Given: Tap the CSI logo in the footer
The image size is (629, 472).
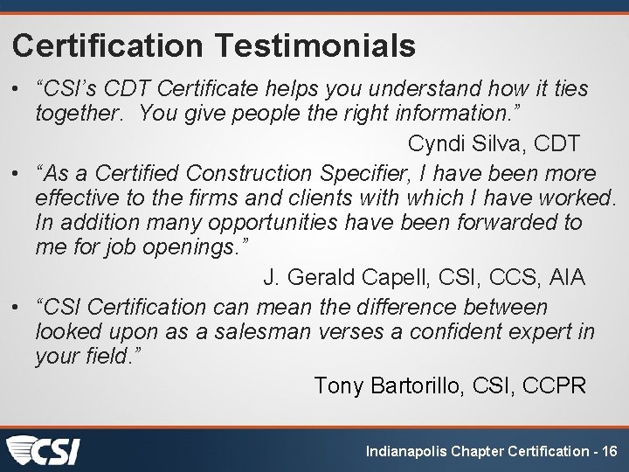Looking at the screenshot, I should [43, 451].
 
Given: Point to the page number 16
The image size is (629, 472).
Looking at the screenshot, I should [609, 451].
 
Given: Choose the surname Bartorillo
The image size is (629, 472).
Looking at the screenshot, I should [427, 385].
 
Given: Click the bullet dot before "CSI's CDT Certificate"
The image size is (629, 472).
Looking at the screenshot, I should [18, 90].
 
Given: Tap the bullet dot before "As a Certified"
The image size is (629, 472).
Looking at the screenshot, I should [18, 174].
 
